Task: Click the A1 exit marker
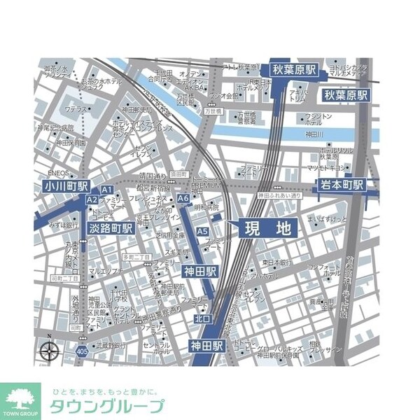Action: (108, 190)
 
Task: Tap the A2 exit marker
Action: (92, 199)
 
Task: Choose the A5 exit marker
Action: (202, 231)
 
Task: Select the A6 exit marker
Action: (183, 199)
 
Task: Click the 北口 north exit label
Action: (202, 318)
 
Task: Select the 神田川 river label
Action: (316, 133)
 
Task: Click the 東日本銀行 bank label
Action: (276, 263)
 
